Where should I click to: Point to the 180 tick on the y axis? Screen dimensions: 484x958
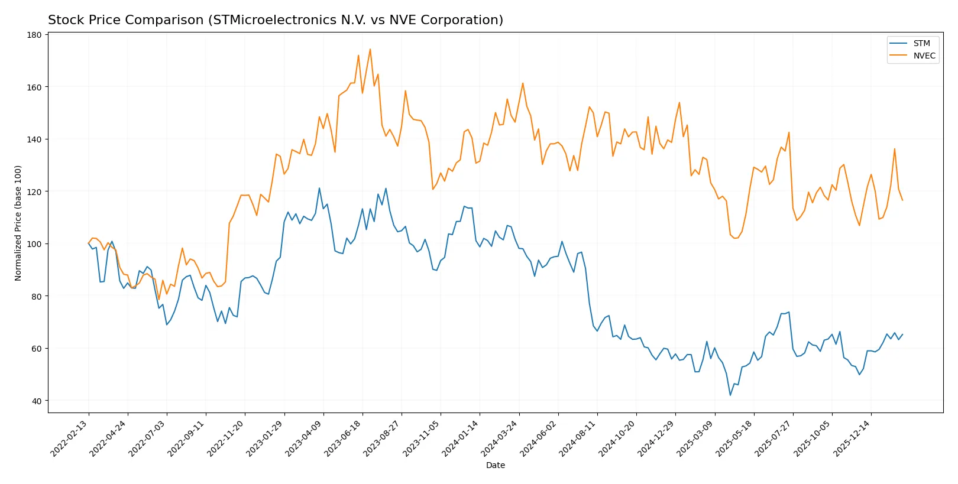tap(34, 35)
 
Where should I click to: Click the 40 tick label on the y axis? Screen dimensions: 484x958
tap(37, 401)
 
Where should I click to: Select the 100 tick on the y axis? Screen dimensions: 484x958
tap(34, 244)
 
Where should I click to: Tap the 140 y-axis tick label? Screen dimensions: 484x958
tap(34, 139)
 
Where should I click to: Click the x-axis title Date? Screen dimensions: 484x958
tap(495, 465)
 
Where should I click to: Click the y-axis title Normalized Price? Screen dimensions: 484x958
tap(18, 223)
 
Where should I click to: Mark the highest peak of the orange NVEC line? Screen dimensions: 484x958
tap(370, 49)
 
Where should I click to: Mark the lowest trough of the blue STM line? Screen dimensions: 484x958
tap(730, 395)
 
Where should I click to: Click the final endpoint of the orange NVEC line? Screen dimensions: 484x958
tap(902, 200)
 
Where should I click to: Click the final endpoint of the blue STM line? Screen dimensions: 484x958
tap(902, 334)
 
